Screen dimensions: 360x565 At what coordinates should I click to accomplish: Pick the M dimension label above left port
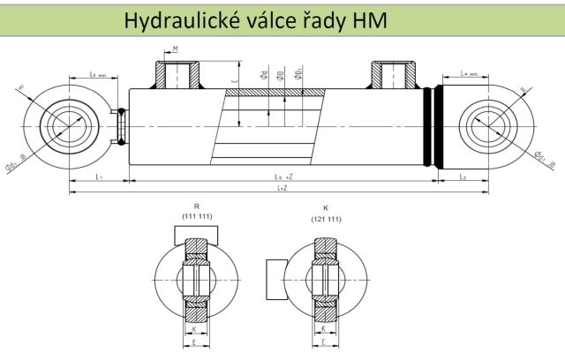point(177,49)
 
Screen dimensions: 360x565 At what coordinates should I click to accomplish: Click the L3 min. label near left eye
point(100,75)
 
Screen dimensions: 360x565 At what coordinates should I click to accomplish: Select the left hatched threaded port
point(180,77)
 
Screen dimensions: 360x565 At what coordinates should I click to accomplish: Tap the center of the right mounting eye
point(491,125)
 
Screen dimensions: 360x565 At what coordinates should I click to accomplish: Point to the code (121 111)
point(327,218)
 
